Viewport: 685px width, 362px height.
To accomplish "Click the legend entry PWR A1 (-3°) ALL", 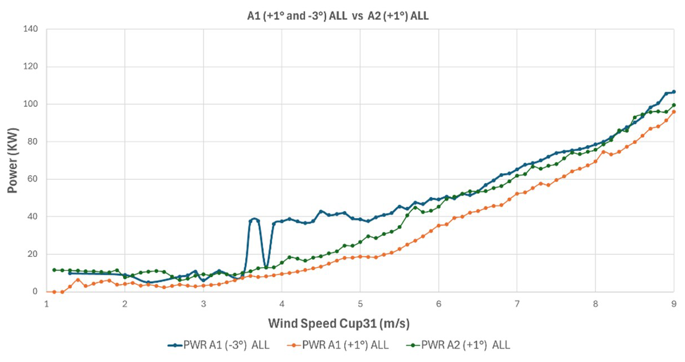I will coord(219,345).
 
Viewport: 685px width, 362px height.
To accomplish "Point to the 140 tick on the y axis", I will coord(30,29).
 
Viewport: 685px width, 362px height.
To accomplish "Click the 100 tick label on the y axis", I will coord(30,104).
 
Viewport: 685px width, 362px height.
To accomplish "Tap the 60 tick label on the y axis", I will coord(32,179).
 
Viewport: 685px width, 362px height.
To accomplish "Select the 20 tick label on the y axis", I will coord(32,254).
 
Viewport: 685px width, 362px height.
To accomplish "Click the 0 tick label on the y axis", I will coord(35,292).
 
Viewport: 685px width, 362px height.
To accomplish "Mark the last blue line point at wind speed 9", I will coord(674,92).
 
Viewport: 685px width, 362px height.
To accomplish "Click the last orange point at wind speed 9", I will coord(674,112).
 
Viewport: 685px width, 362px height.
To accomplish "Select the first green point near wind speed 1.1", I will coord(54,270).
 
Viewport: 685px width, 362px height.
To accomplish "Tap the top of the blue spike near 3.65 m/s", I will coord(254,219).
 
